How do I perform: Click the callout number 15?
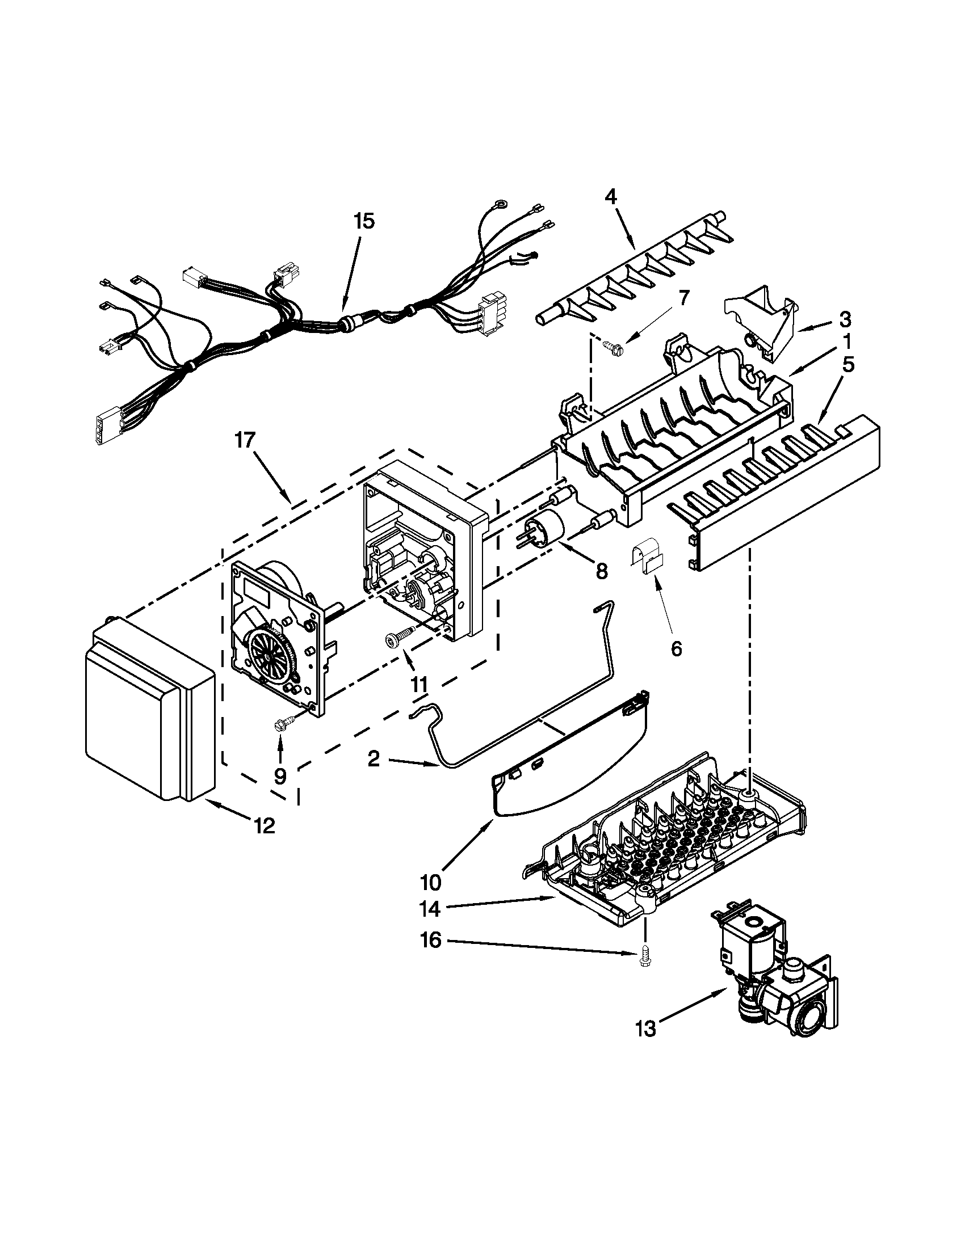tap(364, 221)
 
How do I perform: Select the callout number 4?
tap(611, 197)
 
